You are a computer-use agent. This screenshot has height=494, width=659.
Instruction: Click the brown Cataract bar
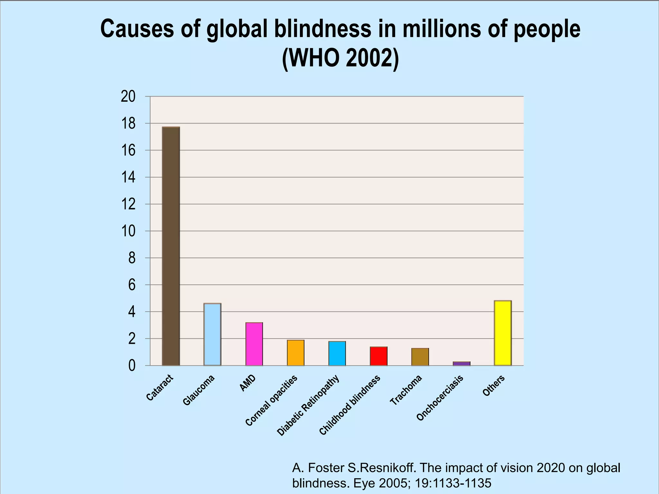coord(171,246)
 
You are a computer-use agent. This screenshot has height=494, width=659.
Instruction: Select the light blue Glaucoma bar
coord(212,334)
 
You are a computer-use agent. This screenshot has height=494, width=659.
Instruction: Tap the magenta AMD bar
coord(254,344)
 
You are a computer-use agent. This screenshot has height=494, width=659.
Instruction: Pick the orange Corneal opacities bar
coord(295,353)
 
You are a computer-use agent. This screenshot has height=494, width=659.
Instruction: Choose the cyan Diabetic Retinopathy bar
coord(337,353)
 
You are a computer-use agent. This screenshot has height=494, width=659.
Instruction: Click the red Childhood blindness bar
coord(378,356)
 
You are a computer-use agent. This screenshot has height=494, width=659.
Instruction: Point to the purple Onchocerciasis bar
coord(461,363)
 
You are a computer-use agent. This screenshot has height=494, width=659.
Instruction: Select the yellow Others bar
coord(503,333)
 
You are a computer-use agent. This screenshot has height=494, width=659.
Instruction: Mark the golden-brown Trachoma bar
coord(420,357)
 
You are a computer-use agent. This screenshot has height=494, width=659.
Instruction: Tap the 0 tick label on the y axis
coord(132,366)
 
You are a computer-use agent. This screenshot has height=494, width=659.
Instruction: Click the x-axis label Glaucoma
coord(199,390)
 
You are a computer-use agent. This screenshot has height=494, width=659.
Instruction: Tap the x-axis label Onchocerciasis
coord(440,398)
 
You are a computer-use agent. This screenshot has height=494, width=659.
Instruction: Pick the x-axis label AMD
coord(248,383)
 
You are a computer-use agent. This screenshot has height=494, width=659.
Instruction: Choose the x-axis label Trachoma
coord(406,390)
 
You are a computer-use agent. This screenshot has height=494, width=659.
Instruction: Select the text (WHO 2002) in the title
coord(340,58)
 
